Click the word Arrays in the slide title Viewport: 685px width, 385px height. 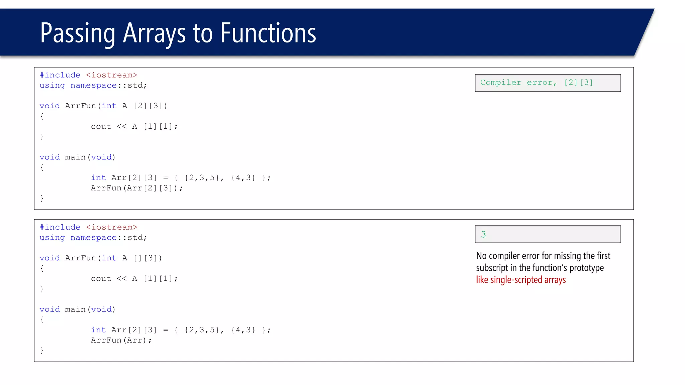(x=154, y=33)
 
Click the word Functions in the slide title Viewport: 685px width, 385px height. (x=268, y=33)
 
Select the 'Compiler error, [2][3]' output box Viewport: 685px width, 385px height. (x=548, y=83)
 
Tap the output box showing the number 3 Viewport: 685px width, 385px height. (x=548, y=234)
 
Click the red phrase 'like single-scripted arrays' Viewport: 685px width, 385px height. (x=521, y=280)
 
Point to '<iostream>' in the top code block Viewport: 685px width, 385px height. (x=112, y=75)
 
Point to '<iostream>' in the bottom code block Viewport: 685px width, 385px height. (x=112, y=227)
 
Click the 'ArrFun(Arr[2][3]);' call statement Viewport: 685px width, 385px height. (x=137, y=188)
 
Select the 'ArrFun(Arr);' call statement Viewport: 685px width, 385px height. (x=121, y=340)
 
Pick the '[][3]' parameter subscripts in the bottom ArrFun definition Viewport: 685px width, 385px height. (x=148, y=258)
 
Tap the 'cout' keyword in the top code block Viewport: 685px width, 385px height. (x=101, y=127)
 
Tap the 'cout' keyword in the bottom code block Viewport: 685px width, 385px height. (x=101, y=279)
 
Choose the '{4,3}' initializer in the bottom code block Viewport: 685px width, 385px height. (x=243, y=330)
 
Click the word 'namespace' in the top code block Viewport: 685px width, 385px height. (x=94, y=86)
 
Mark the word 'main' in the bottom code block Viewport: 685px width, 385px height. (x=75, y=309)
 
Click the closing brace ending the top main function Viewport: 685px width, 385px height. (x=42, y=198)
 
